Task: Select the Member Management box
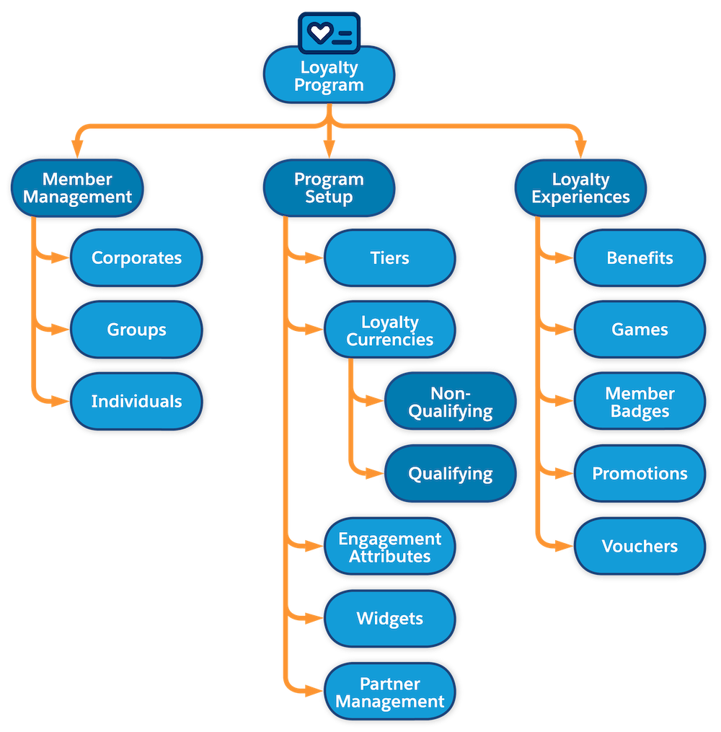78,188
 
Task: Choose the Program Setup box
329,188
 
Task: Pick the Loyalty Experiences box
580,188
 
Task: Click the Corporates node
136,258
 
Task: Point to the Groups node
136,330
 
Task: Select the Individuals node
136,402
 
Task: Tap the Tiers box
389,258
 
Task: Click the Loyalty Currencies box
389,330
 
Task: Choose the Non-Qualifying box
451,402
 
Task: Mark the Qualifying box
451,474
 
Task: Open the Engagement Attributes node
389,547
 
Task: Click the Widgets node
389,619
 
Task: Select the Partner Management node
389,692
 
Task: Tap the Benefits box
640,258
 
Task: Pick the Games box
640,330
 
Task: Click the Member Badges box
640,402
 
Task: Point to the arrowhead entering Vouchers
565,547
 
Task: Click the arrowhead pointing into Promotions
565,474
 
